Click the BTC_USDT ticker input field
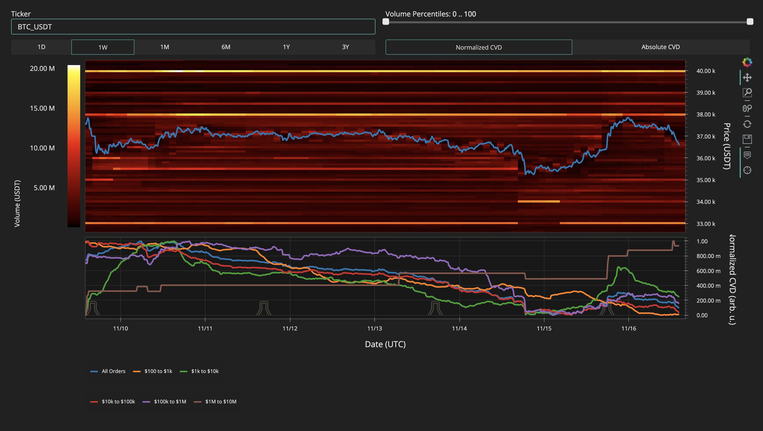point(193,27)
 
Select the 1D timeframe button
point(41,47)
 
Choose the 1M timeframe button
point(164,47)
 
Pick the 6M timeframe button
point(226,47)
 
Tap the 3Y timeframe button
point(345,47)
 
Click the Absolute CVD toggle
point(660,47)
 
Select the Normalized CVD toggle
point(478,47)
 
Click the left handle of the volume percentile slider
point(386,22)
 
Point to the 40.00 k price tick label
point(706,71)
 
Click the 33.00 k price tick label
point(706,224)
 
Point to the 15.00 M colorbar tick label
point(42,108)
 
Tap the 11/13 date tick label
point(374,328)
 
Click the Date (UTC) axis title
point(385,344)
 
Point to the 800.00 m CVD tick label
point(708,256)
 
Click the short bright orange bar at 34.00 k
point(539,202)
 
